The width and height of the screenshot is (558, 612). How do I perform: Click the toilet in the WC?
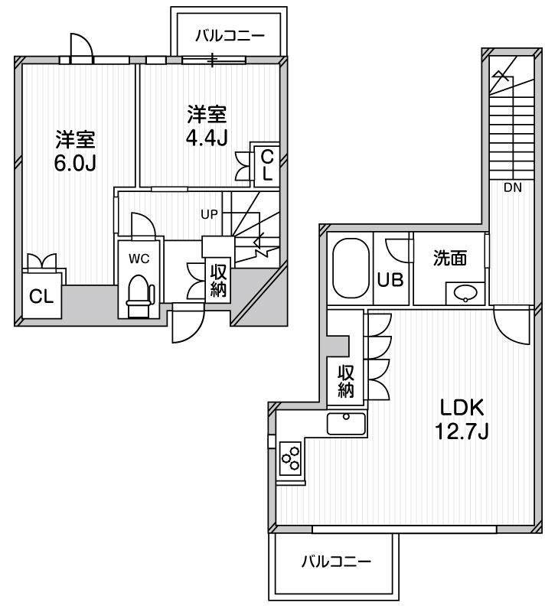coord(139,295)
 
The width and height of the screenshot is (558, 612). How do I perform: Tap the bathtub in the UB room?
coord(351,269)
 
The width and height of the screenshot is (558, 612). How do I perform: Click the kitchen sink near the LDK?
coord(347,423)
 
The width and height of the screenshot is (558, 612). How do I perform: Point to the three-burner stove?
coord(290,457)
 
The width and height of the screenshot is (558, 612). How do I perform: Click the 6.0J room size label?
coord(75,163)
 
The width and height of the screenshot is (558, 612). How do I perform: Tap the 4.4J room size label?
coord(207,138)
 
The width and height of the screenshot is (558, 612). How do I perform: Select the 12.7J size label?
coord(462,431)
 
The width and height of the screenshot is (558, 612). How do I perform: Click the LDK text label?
coord(462,408)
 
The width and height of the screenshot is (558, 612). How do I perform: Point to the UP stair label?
coord(209,214)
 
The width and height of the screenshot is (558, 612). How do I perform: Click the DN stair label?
coord(513,187)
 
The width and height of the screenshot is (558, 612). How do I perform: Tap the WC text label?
coord(139,259)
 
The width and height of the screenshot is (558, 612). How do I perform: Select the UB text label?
coord(390,279)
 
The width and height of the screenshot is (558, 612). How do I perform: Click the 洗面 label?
coord(450,258)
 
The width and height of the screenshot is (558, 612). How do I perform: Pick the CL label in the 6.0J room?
coord(41,297)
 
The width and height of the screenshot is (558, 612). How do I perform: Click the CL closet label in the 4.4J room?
coord(267,165)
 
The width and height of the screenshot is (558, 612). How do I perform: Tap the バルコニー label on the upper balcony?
coord(230,36)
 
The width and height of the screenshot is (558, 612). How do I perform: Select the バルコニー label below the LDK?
coord(336,562)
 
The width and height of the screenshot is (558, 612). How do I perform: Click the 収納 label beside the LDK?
coord(346,381)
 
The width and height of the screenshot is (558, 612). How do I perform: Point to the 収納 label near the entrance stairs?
coord(218,280)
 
